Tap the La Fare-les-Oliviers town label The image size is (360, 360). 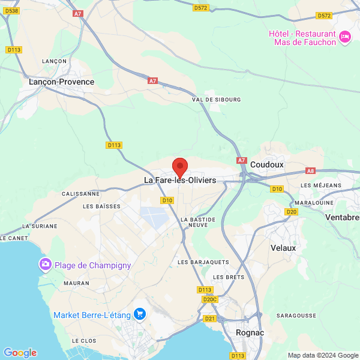coord(180,180)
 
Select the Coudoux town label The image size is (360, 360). coord(267,164)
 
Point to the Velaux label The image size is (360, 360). coord(283,247)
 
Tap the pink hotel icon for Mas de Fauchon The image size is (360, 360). coord(344,37)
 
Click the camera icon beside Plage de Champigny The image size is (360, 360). coord(45,265)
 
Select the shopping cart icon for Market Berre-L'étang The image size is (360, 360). coord(140,314)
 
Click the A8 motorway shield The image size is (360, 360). coord(310,171)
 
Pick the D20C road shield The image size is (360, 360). coord(209,299)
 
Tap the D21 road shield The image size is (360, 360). coord(210,318)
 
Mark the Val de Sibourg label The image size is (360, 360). coord(216,99)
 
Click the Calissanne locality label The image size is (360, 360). coord(81,194)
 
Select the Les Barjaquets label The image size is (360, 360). coord(203,262)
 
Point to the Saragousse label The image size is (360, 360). coord(296,315)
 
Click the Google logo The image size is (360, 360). coord(20,353)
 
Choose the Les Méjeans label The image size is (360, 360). coord(320,185)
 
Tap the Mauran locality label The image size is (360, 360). coord(76,283)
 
